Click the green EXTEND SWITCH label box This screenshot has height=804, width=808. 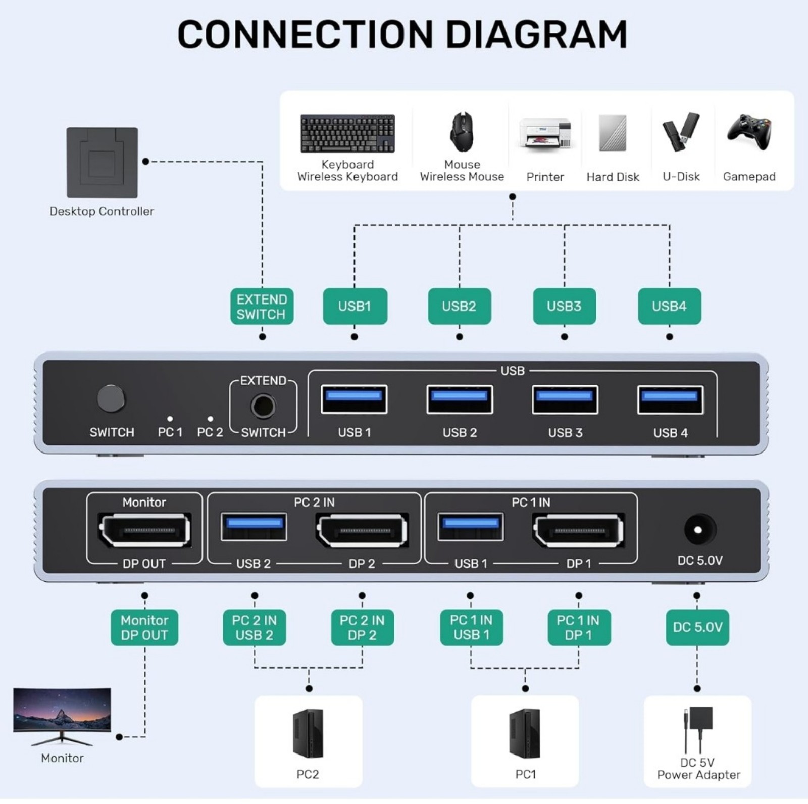click(262, 307)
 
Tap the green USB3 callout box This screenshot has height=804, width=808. click(564, 306)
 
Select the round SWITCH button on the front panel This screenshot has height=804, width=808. click(111, 398)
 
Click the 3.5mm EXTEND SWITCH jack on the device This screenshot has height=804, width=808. click(263, 407)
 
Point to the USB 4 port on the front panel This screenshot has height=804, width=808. click(670, 399)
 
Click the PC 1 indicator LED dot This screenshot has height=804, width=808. click(170, 419)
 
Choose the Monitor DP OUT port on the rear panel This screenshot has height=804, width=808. click(144, 530)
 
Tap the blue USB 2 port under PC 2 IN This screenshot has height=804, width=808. click(254, 527)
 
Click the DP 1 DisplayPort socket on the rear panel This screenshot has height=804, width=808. click(578, 530)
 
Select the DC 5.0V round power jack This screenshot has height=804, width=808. click(699, 530)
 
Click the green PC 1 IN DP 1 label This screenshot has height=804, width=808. click(579, 628)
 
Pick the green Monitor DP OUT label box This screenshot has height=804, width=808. click(144, 628)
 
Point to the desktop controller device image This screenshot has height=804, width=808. click(102, 163)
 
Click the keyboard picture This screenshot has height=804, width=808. click(347, 133)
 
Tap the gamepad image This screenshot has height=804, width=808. click(749, 132)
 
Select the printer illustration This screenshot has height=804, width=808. click(545, 133)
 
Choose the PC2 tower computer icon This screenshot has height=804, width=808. click(308, 733)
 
